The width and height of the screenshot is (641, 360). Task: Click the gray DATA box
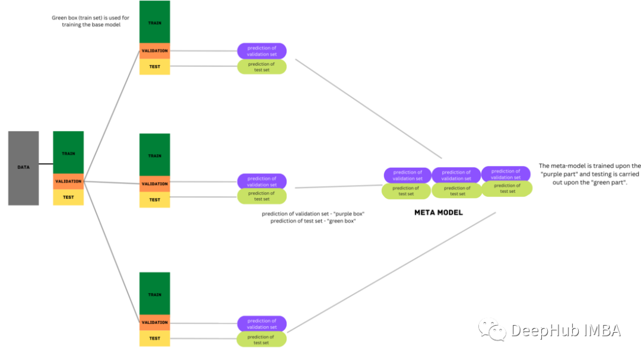point(23,168)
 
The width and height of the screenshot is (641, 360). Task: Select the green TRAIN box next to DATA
point(68,153)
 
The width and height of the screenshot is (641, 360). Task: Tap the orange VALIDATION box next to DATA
point(68,181)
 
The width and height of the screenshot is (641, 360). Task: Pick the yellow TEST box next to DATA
point(68,197)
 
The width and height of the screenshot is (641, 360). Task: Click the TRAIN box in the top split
point(154,22)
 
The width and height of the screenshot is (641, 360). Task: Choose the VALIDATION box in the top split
point(154,51)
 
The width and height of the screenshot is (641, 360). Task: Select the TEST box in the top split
point(154,66)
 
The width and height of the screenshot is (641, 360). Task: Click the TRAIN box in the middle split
point(154,155)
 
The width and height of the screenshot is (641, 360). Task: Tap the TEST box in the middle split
point(154,199)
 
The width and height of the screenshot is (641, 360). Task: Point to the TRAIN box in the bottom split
point(154,294)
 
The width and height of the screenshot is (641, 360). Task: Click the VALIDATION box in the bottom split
point(154,323)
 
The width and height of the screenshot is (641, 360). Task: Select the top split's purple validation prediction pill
point(262,51)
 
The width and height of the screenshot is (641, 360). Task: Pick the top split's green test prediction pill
point(262,66)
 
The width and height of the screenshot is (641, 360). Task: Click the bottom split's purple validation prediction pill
point(262,324)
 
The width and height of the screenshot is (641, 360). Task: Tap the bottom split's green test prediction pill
point(262,339)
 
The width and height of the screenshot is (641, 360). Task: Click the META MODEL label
point(439,212)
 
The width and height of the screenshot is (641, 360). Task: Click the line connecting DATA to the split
point(46,164)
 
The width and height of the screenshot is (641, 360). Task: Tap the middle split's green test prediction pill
point(262,196)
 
